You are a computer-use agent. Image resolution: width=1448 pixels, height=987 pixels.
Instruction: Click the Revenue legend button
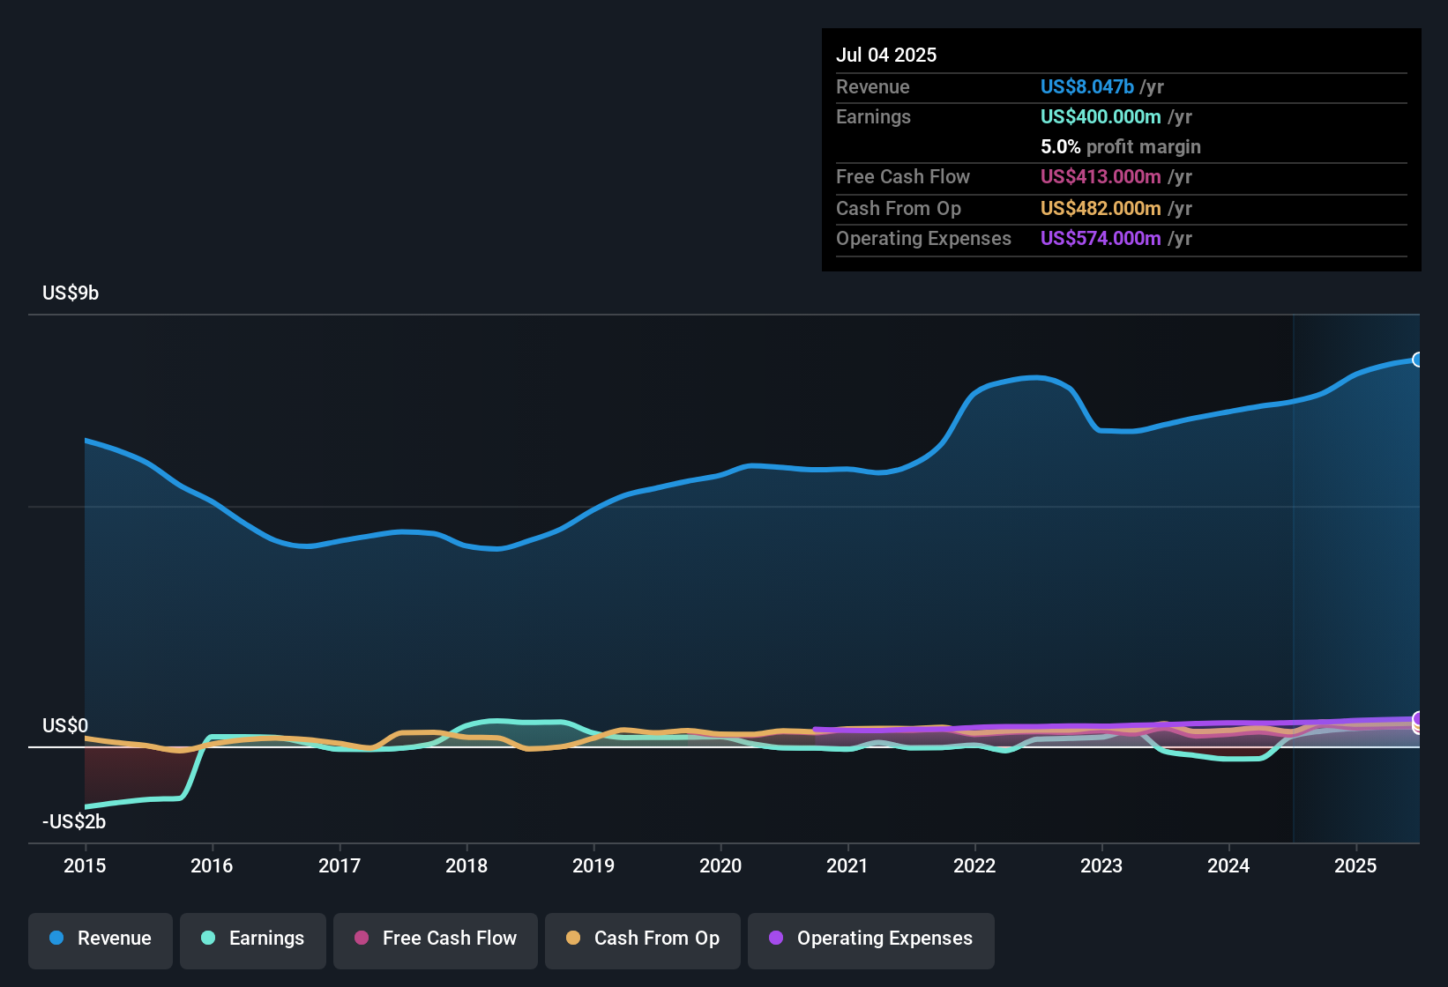coord(101,939)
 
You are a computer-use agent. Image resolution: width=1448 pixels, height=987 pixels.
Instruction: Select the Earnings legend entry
coord(253,939)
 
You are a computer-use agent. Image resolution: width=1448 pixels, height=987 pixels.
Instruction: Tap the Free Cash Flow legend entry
coord(436,939)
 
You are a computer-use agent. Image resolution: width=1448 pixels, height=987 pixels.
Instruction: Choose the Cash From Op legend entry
coord(643,939)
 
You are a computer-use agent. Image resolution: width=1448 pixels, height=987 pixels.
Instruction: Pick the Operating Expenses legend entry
coord(871,939)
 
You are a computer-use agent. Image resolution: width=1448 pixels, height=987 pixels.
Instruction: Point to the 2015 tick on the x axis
coord(85,865)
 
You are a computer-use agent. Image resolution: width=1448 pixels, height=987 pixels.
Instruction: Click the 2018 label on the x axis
coord(466,865)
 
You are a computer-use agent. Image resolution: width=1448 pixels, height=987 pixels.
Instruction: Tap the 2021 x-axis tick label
coord(847,865)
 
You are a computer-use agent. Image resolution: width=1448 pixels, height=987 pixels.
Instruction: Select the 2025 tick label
coord(1355,865)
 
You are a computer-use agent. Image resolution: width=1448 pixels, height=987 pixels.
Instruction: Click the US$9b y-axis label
coord(71,293)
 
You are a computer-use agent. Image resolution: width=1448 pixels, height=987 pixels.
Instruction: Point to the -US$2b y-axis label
coord(74,822)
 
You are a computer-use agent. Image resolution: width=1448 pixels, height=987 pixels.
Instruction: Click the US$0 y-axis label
coord(65,726)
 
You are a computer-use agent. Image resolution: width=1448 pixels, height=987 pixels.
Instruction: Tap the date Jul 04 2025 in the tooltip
coord(886,55)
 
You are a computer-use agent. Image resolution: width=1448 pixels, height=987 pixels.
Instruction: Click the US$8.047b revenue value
coord(1086,86)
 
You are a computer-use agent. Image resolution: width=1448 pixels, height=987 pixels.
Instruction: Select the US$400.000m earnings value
coord(1100,116)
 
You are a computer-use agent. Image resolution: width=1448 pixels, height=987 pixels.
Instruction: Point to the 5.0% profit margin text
coord(1120,147)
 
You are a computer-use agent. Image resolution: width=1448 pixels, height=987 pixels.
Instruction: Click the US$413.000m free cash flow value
coord(1100,176)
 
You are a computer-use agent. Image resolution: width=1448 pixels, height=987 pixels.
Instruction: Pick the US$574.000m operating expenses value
coord(1100,238)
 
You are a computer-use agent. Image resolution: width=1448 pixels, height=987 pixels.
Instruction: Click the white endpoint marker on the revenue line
coord(1418,360)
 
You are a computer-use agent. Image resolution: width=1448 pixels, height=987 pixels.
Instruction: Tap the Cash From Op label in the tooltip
coord(898,208)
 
